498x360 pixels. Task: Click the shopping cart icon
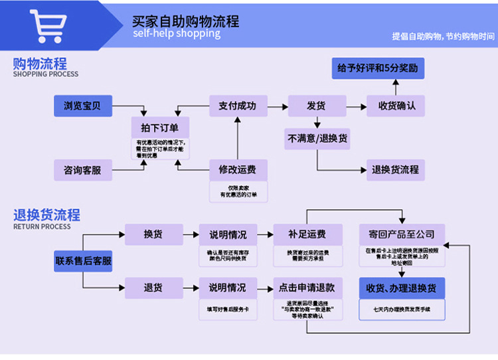(x=49, y=26)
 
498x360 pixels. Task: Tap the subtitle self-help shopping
(x=176, y=33)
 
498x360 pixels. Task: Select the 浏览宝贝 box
(x=83, y=106)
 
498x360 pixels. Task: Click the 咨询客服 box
(x=83, y=170)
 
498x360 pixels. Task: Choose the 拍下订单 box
(x=160, y=127)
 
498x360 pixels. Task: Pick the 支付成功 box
(x=237, y=106)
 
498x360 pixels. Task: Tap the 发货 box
(x=316, y=106)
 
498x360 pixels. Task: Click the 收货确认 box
(x=396, y=106)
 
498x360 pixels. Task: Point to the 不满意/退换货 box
(x=317, y=139)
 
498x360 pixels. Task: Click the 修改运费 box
(x=237, y=169)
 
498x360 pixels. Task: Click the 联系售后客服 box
(x=84, y=261)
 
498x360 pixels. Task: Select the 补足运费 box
(x=307, y=234)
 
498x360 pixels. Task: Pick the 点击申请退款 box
(x=307, y=288)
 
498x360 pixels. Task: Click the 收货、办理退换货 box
(x=401, y=288)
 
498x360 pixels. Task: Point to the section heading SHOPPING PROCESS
(x=45, y=74)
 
